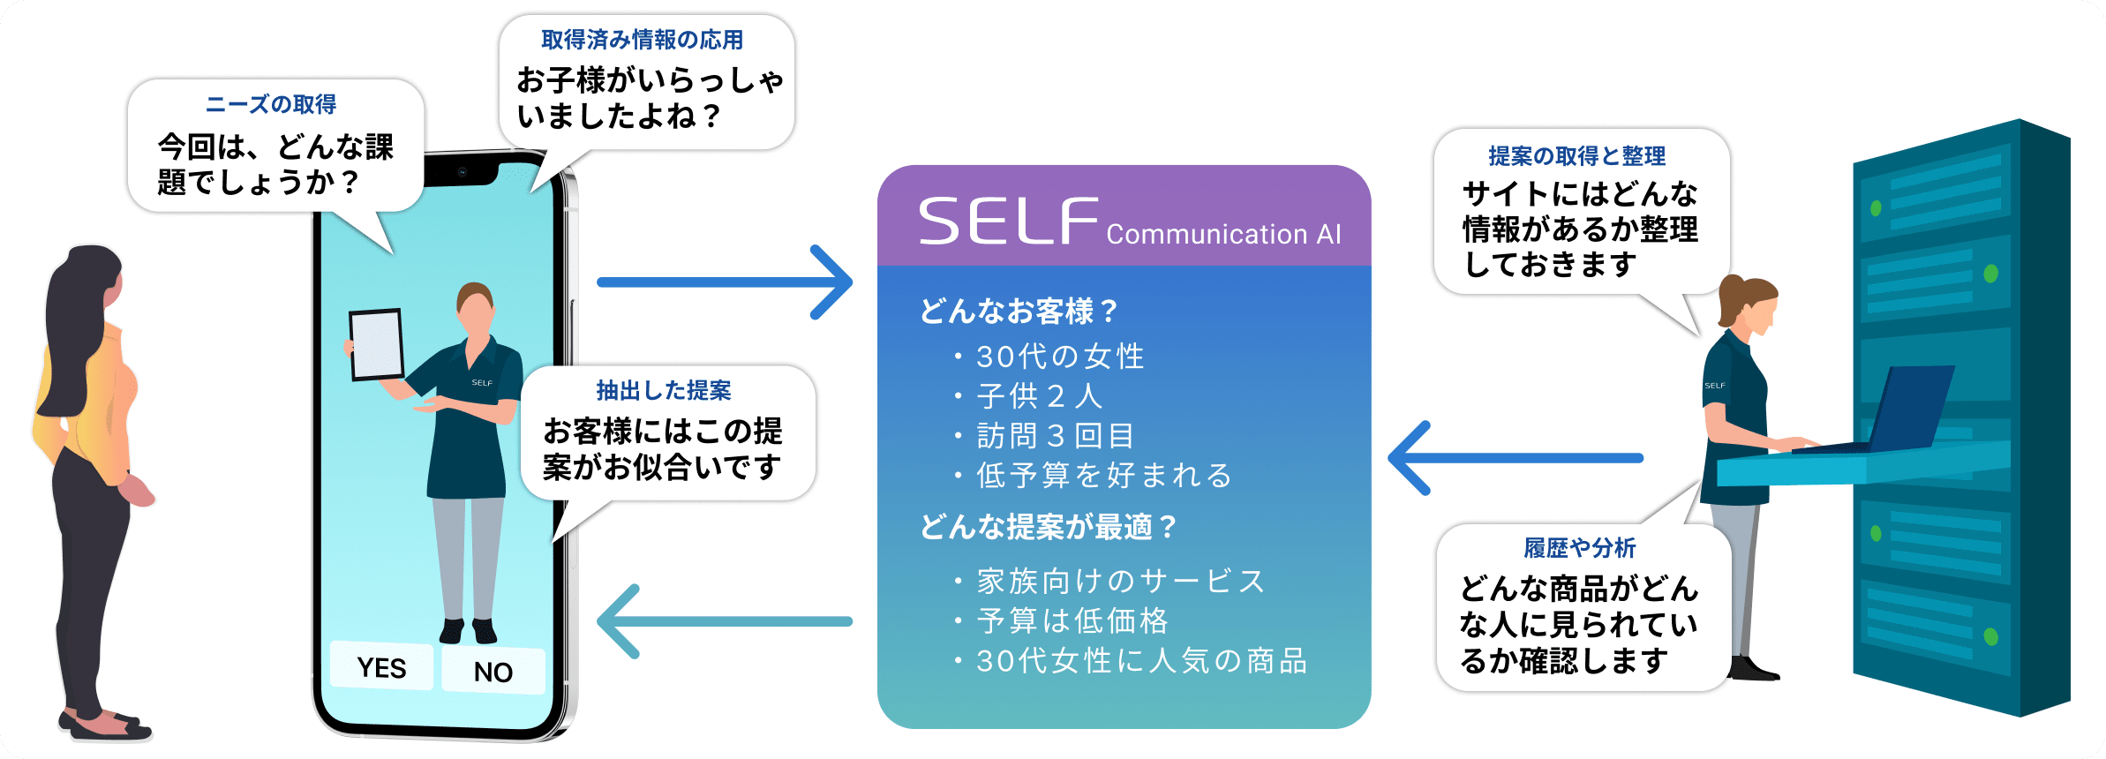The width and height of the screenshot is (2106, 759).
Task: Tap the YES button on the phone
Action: (x=381, y=666)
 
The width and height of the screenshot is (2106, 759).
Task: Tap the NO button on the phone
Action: (x=493, y=671)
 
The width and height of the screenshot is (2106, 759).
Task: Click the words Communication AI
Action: (x=1223, y=234)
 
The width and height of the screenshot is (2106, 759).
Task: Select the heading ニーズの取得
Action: (x=271, y=104)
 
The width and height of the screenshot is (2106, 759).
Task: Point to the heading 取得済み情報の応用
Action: (x=643, y=40)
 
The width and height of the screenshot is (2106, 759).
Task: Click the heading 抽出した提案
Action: (x=664, y=390)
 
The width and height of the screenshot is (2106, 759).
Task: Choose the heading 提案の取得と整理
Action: (x=1577, y=156)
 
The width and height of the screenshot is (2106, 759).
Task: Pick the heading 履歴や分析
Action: (x=1580, y=548)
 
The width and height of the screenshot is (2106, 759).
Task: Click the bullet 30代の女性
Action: (x=1060, y=357)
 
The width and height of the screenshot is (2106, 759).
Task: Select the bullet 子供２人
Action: (x=1040, y=396)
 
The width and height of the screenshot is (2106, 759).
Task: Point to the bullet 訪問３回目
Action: (x=1056, y=436)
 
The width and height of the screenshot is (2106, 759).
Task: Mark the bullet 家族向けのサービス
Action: (x=1121, y=582)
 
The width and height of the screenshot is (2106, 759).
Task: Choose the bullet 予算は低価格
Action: (x=1072, y=621)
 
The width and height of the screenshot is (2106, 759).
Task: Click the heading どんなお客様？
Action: (x=1019, y=311)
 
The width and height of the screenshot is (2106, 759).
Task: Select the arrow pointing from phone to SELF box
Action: (x=724, y=282)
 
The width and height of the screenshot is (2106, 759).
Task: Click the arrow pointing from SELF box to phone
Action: (x=724, y=621)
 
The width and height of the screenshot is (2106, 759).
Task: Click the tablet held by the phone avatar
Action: (x=377, y=345)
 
